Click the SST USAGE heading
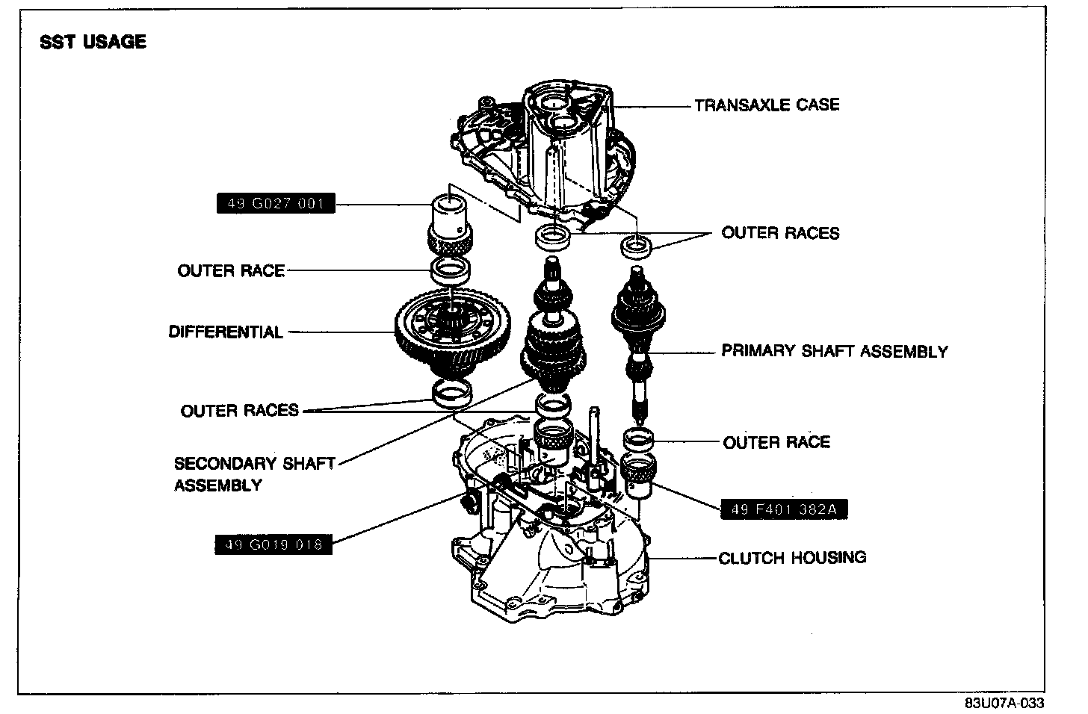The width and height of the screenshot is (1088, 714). [93, 42]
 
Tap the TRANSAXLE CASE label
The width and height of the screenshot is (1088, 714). [767, 105]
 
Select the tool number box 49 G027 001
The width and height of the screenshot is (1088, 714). [276, 203]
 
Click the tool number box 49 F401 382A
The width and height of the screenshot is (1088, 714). [784, 509]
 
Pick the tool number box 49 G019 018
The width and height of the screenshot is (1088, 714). [273, 544]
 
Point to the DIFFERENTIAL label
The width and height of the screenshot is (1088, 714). [226, 332]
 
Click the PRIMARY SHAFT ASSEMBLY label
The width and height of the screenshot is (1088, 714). [834, 351]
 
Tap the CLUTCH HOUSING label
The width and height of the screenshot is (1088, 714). [792, 558]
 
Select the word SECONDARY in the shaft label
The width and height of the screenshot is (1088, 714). [217, 464]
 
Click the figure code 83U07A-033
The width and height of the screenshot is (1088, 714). [1004, 704]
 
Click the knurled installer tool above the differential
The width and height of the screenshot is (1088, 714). [450, 224]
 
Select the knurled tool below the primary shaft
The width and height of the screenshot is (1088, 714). [639, 476]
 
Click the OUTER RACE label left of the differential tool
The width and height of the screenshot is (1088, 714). [231, 270]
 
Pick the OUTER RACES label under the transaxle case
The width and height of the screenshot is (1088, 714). [780, 233]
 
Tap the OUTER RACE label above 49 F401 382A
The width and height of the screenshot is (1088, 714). [776, 442]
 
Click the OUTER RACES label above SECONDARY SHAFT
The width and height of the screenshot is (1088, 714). [239, 410]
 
